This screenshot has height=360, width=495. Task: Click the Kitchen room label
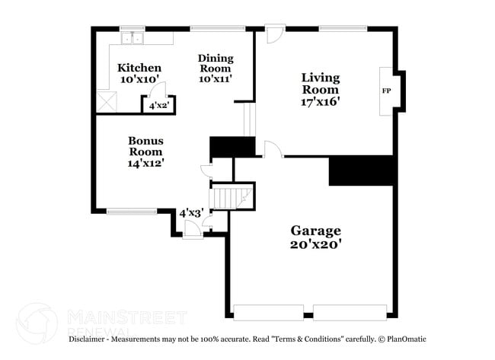(x=139, y=68)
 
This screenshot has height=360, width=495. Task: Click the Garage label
(x=315, y=231)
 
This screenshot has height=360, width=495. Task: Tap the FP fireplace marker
(x=386, y=90)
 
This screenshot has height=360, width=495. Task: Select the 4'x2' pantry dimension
(x=158, y=106)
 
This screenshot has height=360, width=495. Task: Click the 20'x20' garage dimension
(x=315, y=244)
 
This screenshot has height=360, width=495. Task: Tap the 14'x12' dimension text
(x=145, y=161)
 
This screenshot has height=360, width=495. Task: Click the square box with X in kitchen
(x=104, y=100)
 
